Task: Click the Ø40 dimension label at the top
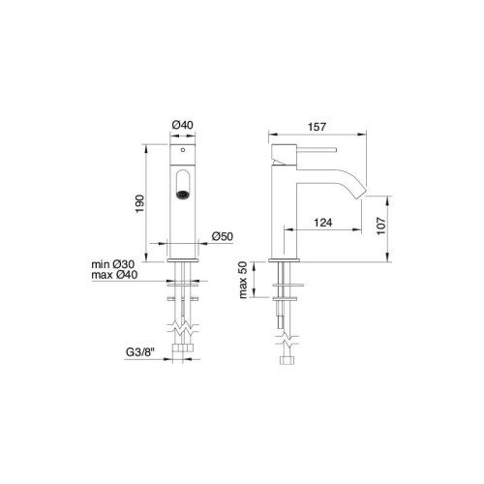pos(183,125)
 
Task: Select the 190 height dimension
pos(139,203)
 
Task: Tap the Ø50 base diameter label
pos(223,236)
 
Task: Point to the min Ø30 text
pos(113,264)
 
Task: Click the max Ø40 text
pos(114,275)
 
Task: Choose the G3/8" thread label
pos(140,352)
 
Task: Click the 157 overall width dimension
pos(317,127)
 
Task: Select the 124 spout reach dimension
pos(323,223)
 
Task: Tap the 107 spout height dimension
pos(381,226)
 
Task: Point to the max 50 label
pos(243,280)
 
